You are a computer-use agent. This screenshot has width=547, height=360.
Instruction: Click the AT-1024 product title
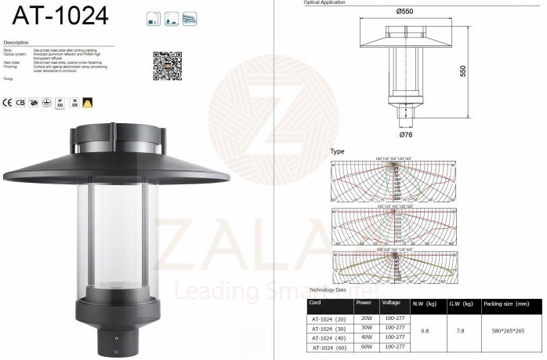(55, 16)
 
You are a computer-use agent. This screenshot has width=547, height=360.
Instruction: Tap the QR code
(167, 66)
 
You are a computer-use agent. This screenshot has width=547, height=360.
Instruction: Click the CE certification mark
(8, 102)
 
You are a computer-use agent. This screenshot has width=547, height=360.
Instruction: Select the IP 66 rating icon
(60, 102)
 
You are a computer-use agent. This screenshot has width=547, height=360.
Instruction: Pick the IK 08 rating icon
(74, 102)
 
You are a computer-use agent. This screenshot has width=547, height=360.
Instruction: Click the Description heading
(16, 42)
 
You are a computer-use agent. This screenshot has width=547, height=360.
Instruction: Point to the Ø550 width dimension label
(405, 11)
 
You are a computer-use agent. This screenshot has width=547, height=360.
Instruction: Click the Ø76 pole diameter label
(406, 135)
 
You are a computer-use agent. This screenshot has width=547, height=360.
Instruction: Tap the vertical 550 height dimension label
(464, 71)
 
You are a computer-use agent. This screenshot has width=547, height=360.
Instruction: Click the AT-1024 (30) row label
(328, 327)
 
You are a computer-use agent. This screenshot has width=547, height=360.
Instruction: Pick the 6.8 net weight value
(425, 332)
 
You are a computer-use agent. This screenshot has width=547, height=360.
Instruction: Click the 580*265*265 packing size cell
(508, 332)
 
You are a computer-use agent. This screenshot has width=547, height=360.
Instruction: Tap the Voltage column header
(391, 302)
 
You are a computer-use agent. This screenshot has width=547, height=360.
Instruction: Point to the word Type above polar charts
(337, 151)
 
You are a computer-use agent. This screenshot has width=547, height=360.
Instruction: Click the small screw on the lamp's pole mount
(117, 340)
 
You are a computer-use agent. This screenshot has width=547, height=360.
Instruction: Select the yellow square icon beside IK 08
(88, 102)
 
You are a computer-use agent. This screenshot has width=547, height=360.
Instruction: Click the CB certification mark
(20, 102)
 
